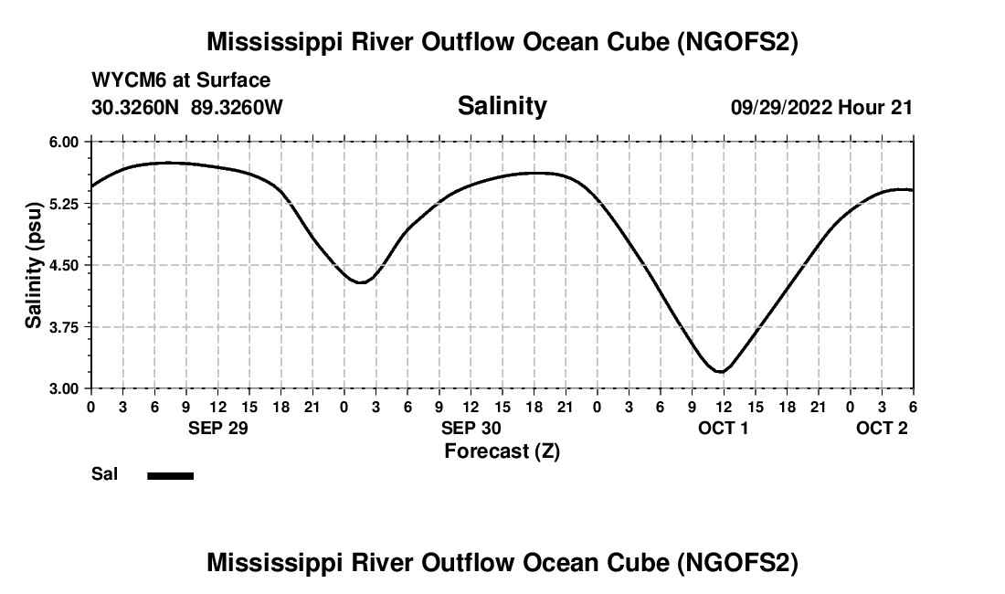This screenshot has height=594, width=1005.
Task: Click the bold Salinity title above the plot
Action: point(502,106)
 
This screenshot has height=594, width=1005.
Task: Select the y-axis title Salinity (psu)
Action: point(34,265)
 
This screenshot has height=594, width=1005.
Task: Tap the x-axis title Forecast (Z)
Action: point(502,451)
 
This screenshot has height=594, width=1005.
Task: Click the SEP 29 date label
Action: point(217,428)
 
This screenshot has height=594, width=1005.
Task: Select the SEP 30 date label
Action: point(471,428)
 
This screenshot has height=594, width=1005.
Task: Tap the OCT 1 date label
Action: point(724,428)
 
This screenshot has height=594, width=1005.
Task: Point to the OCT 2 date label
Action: point(882,428)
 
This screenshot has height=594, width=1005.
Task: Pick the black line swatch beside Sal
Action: point(170,475)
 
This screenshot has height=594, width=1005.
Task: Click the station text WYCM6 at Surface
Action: point(181,81)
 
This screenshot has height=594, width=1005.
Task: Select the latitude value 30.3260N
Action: point(136,107)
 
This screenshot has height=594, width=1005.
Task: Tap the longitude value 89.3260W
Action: point(237,107)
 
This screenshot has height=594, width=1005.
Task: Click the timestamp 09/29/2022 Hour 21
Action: point(821,107)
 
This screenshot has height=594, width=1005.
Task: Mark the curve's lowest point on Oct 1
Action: point(722,372)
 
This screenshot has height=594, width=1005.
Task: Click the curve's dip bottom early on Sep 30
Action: point(361,282)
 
